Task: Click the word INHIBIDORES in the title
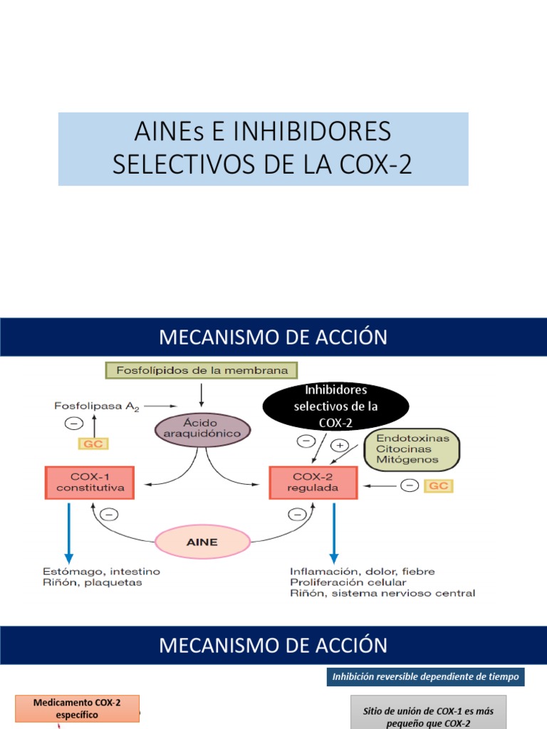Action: coord(312,131)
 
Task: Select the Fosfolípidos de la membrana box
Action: coord(202,370)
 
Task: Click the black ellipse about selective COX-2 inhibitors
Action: coord(336,406)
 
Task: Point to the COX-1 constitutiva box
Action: coord(90,483)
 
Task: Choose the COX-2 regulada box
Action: coord(313,483)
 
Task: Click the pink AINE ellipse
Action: coord(202,542)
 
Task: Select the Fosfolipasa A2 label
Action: coord(97,407)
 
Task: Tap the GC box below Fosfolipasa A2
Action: coord(93,444)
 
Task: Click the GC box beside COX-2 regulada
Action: coord(439,486)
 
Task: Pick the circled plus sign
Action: coord(340,446)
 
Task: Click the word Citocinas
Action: coord(404,449)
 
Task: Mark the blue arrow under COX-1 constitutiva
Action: coord(69,533)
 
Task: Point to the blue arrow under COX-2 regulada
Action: coord(334,533)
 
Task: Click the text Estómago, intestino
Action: coord(101,572)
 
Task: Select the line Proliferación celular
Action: coord(348,582)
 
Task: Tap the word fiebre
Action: coord(419,572)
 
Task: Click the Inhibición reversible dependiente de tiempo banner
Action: coord(426,676)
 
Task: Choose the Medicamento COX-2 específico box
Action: coord(77,708)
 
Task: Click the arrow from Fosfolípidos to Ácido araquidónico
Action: coord(202,395)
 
